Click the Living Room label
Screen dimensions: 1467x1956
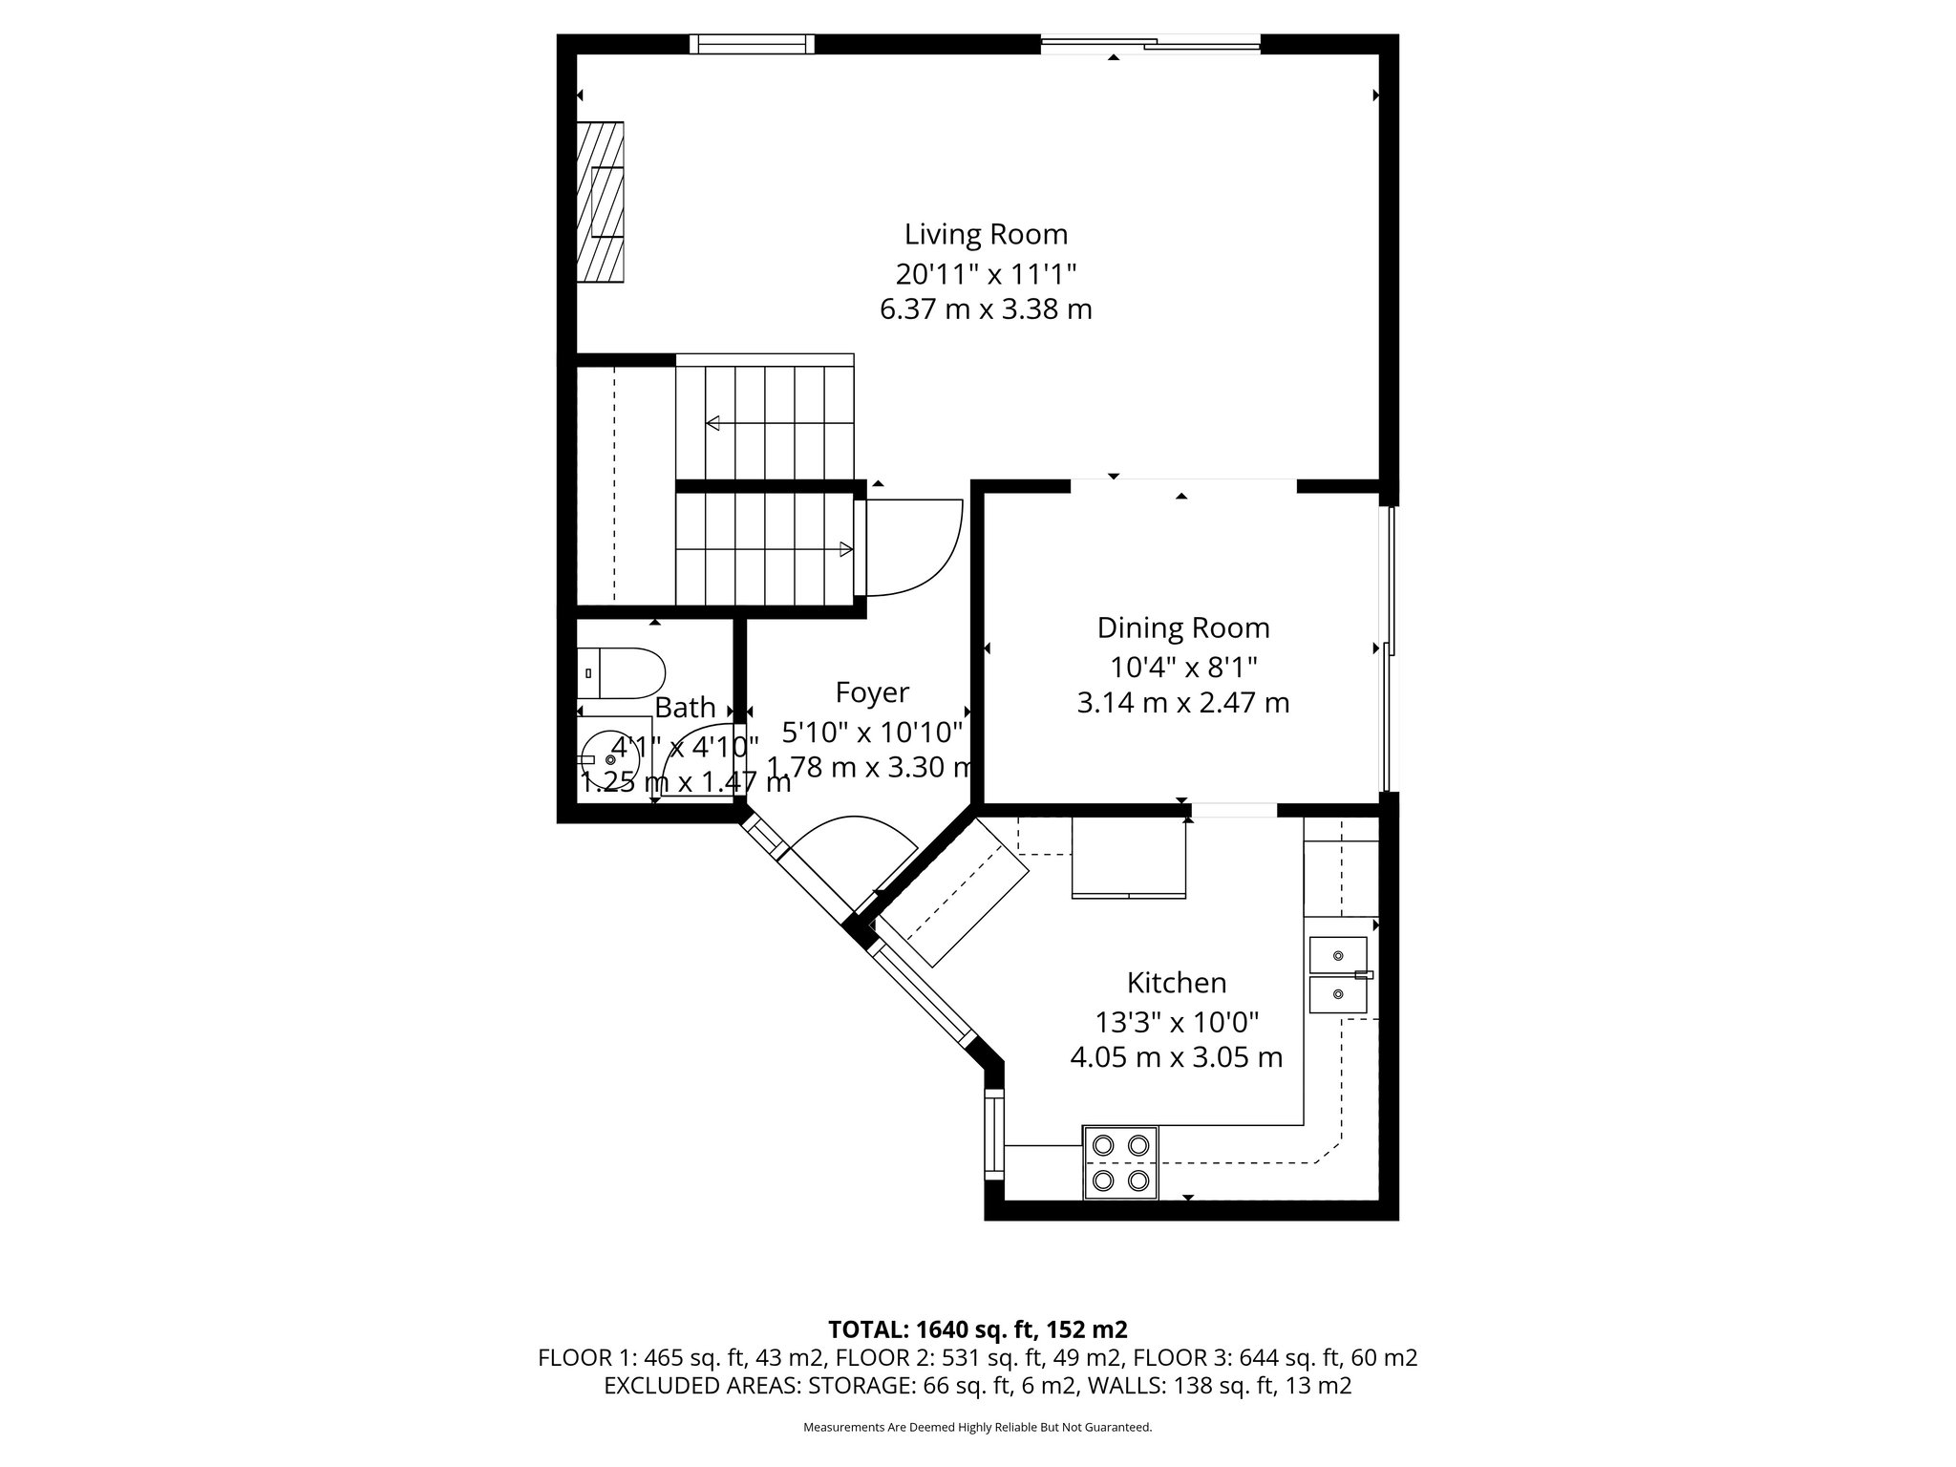pyautogui.click(x=986, y=234)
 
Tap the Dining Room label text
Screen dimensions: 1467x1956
pyautogui.click(x=1183, y=627)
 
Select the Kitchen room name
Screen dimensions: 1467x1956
pyautogui.click(x=1176, y=983)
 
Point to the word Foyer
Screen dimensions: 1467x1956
pyautogui.click(x=871, y=692)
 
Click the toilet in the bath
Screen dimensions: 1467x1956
pyautogui.click(x=621, y=672)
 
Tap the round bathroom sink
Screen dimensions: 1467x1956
pyautogui.click(x=611, y=759)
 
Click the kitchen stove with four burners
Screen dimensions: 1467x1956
pyautogui.click(x=1120, y=1162)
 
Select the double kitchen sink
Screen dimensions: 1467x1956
pyautogui.click(x=1338, y=975)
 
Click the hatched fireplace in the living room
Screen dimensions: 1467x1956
pyautogui.click(x=600, y=202)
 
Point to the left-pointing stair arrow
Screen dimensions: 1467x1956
pyautogui.click(x=713, y=423)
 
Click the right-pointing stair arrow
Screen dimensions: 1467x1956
pyautogui.click(x=844, y=548)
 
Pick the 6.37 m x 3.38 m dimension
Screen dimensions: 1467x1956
pyautogui.click(x=986, y=309)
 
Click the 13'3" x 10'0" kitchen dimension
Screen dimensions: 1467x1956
pyautogui.click(x=1176, y=1022)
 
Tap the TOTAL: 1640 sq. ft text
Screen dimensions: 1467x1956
pyautogui.click(x=977, y=1329)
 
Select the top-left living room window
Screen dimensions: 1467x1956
pyautogui.click(x=752, y=44)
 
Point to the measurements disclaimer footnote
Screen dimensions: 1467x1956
pyautogui.click(x=977, y=1428)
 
